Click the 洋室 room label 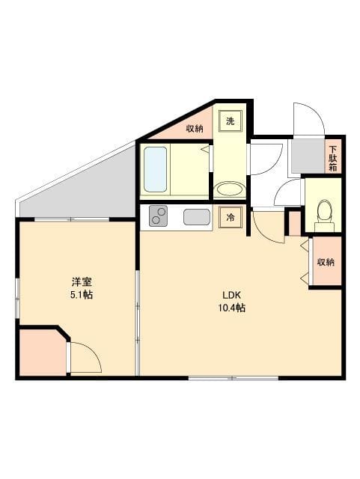pos(82,281)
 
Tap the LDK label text pos(229,293)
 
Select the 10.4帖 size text pos(232,308)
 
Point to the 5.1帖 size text pos(82,295)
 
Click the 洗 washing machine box pos(231,121)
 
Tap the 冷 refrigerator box pos(231,217)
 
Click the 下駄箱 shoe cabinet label pos(333,157)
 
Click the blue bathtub pos(155,169)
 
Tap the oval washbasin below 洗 pos(229,188)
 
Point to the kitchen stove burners pos(159,216)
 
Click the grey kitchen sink pos(196,217)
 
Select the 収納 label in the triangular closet pos(195,129)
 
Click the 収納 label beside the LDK pos(325,262)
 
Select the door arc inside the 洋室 pos(85,357)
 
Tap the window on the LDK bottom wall pos(233,378)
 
